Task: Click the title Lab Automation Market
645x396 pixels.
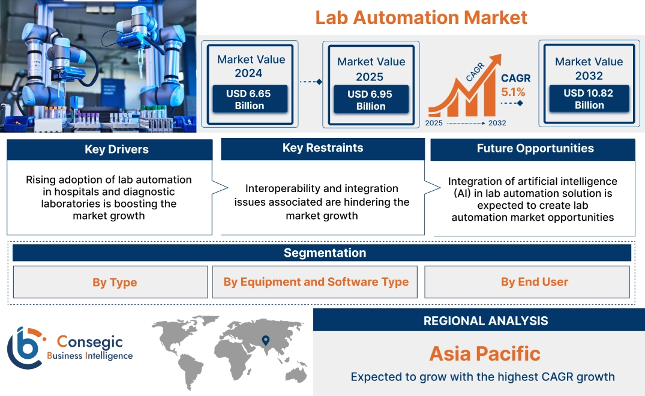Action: (x=421, y=17)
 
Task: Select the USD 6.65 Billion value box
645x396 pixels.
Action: (x=249, y=100)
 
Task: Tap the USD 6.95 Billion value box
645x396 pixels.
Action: (x=371, y=100)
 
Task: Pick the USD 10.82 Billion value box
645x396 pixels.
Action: (x=589, y=99)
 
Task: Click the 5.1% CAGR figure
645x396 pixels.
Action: (x=513, y=92)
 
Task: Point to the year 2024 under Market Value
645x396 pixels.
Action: (x=248, y=73)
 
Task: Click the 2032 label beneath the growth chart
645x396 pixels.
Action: (x=497, y=123)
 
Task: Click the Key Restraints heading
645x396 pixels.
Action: (x=323, y=148)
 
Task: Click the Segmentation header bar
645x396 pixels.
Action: (x=325, y=253)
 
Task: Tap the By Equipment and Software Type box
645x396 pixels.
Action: (x=316, y=282)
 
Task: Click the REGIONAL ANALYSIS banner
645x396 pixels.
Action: (x=485, y=321)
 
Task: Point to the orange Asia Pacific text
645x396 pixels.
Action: (x=485, y=353)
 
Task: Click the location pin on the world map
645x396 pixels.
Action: (x=265, y=341)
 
